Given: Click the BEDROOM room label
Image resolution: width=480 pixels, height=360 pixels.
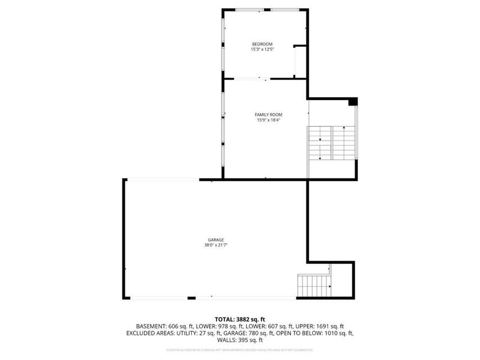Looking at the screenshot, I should [262, 44].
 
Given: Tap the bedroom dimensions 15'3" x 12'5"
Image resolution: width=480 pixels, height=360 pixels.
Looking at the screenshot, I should [262, 49].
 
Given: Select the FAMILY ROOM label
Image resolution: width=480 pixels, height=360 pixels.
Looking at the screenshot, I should [268, 115].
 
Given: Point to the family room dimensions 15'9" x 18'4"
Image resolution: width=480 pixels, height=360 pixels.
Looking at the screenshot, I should [268, 120].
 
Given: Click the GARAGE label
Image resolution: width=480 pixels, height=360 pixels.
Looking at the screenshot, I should [216, 240].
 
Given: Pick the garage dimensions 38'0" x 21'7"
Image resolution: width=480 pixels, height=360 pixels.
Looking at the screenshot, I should [216, 245].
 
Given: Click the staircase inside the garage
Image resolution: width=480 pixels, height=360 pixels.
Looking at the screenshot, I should [313, 286].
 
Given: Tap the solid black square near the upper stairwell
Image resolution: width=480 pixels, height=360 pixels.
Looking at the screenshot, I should [353, 101].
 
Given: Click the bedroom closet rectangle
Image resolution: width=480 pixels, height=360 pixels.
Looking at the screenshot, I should [299, 61].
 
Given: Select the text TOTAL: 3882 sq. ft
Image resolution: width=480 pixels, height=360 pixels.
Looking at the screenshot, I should [239, 319].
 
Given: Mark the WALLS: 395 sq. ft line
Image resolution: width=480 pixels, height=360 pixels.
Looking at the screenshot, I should [239, 340].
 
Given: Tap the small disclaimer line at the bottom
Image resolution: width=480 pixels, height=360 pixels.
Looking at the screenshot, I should [239, 350].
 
